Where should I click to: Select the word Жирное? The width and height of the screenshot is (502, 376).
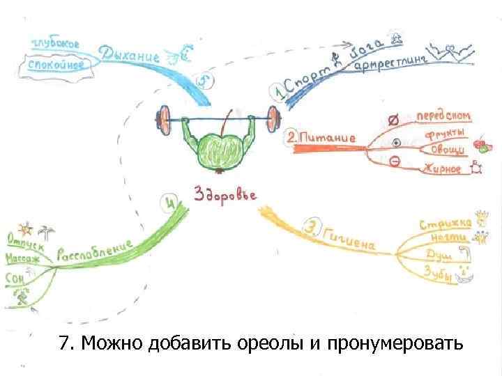click(x=441, y=169)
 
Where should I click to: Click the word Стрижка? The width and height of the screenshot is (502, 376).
click(x=445, y=223)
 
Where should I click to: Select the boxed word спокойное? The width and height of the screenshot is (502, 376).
click(x=56, y=64)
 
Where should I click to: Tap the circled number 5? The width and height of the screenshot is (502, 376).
click(x=204, y=81)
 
